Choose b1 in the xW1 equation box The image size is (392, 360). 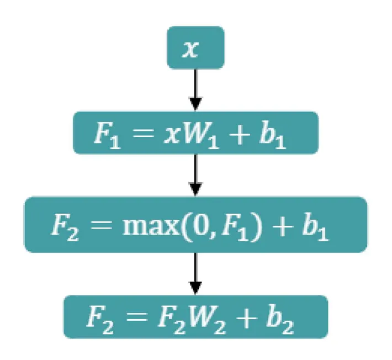(x=284, y=134)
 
